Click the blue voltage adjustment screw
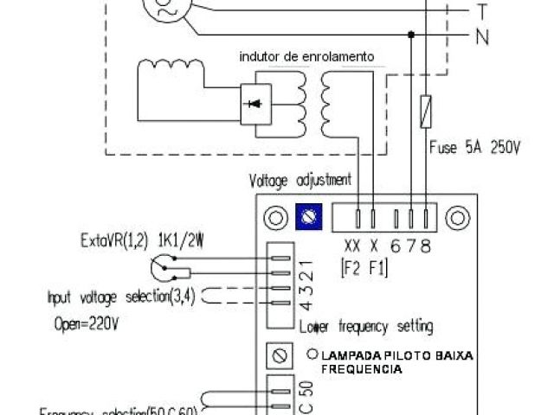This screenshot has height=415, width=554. [304, 219]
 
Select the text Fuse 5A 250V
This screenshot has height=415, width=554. [474, 148]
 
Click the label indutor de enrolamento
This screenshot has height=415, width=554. [307, 56]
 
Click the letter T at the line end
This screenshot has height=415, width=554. [481, 11]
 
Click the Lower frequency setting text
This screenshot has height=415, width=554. [367, 328]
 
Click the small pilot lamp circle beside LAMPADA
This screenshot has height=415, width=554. [312, 354]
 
